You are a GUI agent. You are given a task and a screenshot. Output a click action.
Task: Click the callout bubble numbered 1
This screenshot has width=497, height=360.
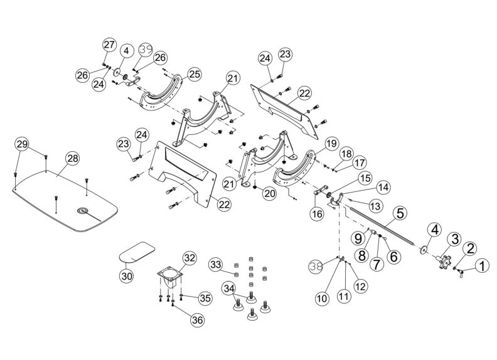481,267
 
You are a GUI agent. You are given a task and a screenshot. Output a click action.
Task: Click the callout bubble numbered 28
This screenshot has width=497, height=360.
72,159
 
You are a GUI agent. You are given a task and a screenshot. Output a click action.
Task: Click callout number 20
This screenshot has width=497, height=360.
269,195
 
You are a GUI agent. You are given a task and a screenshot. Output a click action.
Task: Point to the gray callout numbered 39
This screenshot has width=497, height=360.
146,49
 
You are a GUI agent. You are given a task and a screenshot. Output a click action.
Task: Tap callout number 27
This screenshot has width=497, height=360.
109,45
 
